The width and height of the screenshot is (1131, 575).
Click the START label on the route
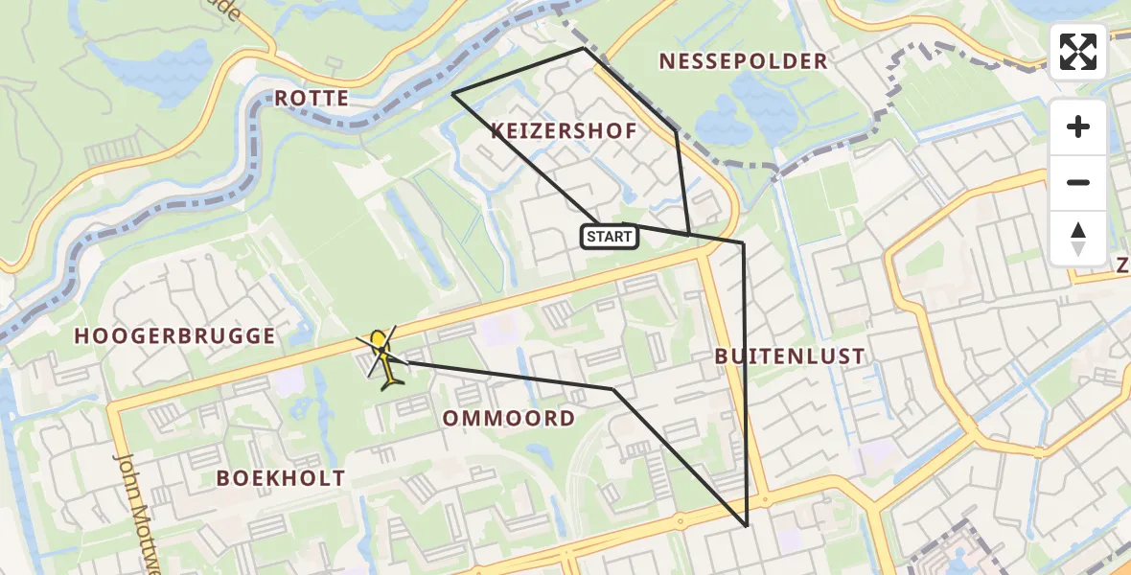click(x=609, y=237)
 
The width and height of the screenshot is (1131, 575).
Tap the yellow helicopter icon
click(x=382, y=359)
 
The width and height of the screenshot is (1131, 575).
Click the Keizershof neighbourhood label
click(x=564, y=131)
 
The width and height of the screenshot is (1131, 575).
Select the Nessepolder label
click(x=743, y=61)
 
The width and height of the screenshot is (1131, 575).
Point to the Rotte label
click(x=312, y=98)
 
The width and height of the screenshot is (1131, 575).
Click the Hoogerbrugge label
click(x=175, y=335)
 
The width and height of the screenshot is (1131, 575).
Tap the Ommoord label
click(x=509, y=418)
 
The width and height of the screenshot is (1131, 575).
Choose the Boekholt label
click(x=281, y=478)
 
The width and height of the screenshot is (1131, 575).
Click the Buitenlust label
click(x=790, y=356)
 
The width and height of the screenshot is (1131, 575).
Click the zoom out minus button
click(x=1078, y=182)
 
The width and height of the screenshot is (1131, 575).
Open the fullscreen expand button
click(x=1078, y=52)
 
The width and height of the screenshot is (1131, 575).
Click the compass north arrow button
click(x=1078, y=238)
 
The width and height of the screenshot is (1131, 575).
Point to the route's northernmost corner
click(x=584, y=48)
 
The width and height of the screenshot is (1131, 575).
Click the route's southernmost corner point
click(x=746, y=526)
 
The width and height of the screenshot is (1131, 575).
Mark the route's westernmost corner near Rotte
click(x=452, y=93)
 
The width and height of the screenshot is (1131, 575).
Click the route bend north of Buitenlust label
click(x=743, y=243)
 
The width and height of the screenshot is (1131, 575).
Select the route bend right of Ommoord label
click(x=613, y=389)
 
